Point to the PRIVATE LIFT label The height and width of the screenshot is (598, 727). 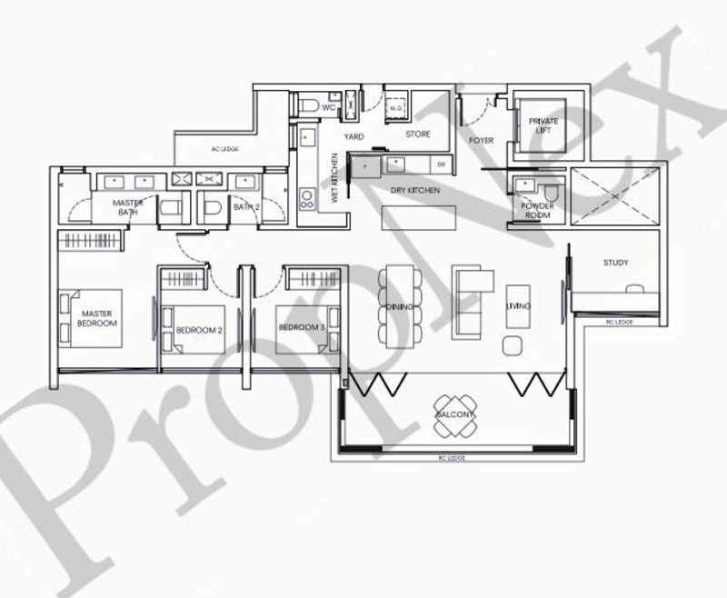coord(543,125)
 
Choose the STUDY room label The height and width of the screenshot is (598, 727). coord(615,264)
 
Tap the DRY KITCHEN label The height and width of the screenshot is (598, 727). coord(415,191)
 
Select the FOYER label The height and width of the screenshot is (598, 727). coord(481,141)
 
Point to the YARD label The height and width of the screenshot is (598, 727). coord(354,136)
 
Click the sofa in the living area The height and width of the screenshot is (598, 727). coord(468,301)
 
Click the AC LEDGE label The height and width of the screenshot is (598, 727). coord(224,148)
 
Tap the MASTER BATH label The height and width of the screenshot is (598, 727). coord(128,207)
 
